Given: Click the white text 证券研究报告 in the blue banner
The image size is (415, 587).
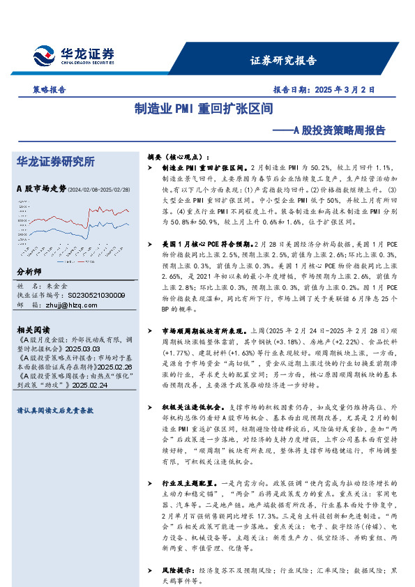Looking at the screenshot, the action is tap(283, 60).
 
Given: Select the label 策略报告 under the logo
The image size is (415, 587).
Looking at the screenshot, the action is tap(50, 90).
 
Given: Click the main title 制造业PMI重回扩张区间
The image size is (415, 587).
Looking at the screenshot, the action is tap(203, 109).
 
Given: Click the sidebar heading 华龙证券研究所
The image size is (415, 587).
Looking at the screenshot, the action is tap(55, 162).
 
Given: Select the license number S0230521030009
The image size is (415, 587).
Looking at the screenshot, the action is tap(93, 296).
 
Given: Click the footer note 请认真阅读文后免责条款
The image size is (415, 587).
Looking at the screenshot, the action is tap(55, 411).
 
